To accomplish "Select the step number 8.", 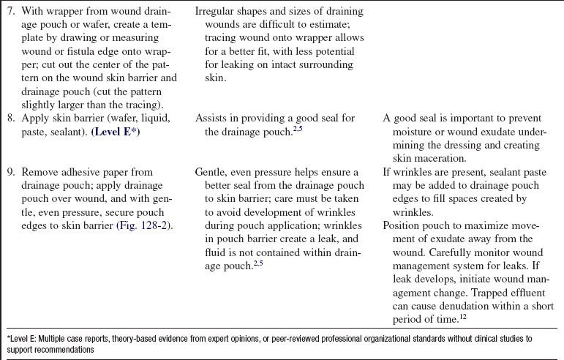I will [x=9, y=117].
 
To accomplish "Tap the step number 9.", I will [x=9, y=170].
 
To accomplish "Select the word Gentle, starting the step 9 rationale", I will [x=211, y=170].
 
